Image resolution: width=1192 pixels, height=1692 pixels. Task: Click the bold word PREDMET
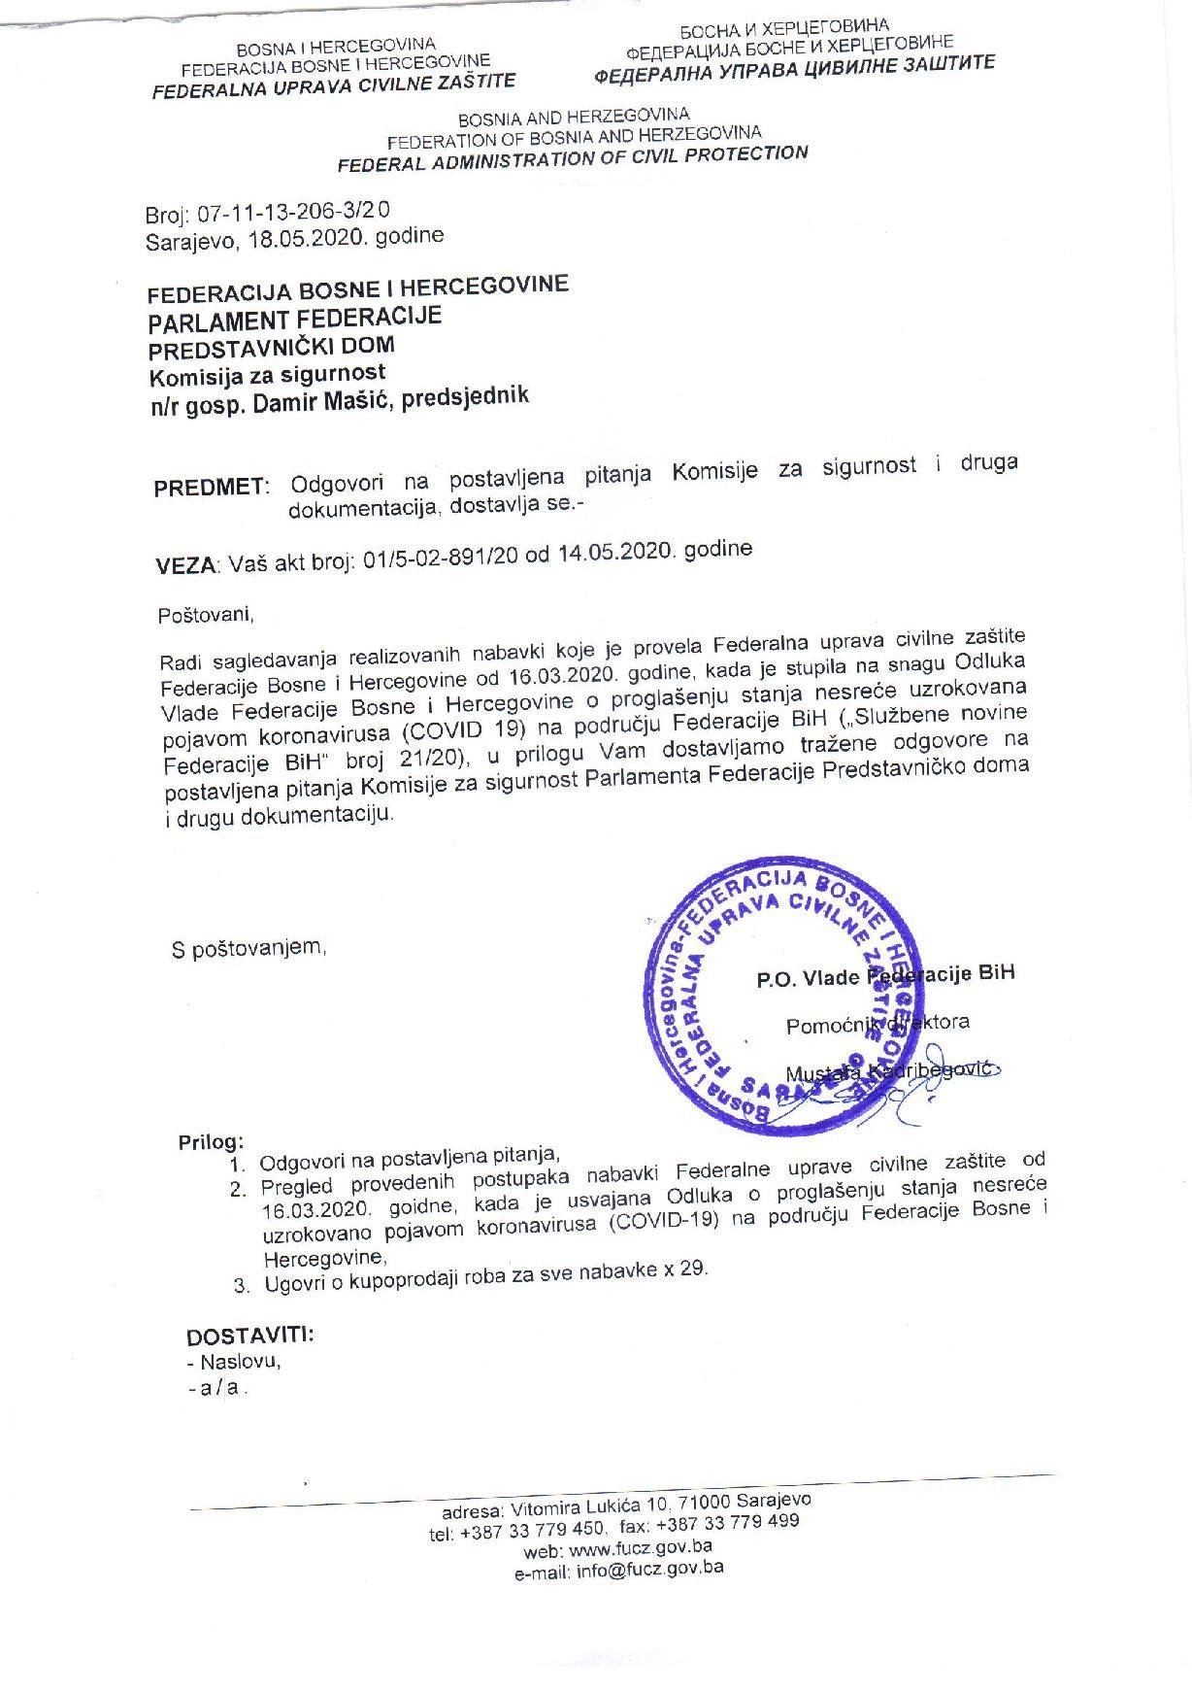tap(209, 487)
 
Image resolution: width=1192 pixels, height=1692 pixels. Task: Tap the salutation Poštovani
tap(205, 614)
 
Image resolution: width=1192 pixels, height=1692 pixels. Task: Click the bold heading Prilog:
tap(211, 1141)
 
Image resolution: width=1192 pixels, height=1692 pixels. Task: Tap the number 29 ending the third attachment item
tap(692, 1270)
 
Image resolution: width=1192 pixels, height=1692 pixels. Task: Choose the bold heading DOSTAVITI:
tap(249, 1336)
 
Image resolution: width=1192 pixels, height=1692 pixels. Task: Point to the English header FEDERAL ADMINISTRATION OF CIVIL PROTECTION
tap(573, 157)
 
